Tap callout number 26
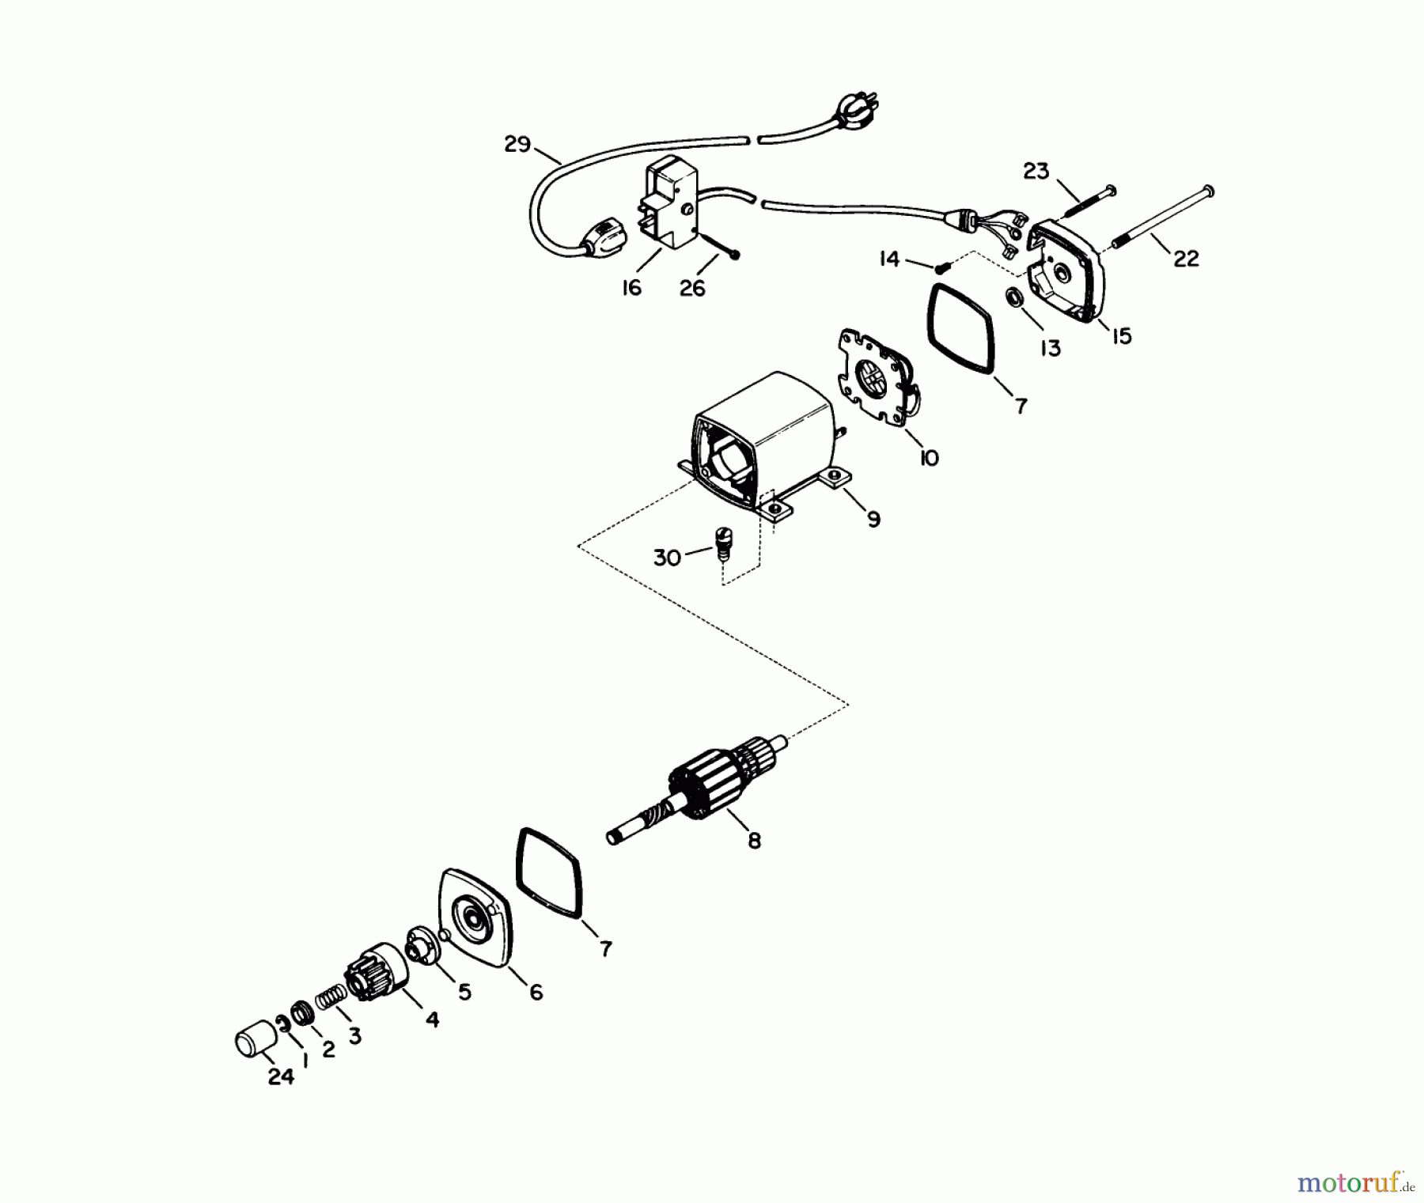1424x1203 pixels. (692, 289)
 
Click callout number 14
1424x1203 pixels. (890, 259)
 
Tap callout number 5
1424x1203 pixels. (464, 991)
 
